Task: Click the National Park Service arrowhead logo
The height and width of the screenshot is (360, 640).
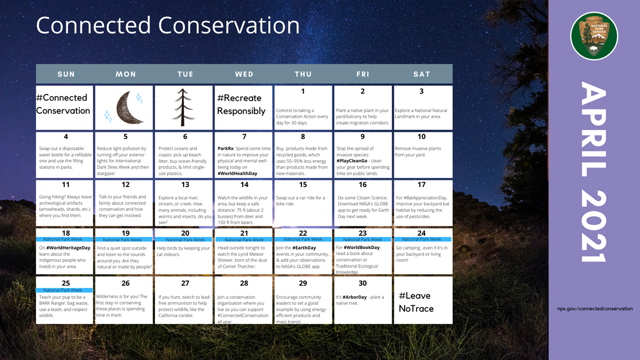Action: [x=594, y=36]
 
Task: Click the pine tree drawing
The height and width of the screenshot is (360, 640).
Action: [x=183, y=107]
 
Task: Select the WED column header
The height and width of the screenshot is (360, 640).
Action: [x=244, y=74]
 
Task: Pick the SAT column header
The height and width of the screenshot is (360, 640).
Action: [x=421, y=74]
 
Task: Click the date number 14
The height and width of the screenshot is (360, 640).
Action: [x=244, y=185]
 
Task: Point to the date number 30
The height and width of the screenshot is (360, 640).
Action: [x=362, y=283]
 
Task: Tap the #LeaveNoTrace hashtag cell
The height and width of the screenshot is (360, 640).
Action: [x=416, y=302]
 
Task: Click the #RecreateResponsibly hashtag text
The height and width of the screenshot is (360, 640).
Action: [x=241, y=104]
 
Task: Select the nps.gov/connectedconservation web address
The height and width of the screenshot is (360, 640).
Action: [x=595, y=309]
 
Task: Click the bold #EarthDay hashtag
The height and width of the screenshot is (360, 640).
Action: [x=304, y=248]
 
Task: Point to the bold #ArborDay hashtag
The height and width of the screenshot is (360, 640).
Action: [x=354, y=297]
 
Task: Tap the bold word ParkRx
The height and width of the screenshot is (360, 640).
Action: [x=225, y=148]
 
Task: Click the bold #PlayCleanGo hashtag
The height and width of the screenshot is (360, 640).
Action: [x=352, y=161]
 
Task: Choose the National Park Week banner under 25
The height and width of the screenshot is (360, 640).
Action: [x=64, y=290]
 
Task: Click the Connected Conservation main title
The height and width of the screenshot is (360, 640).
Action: [x=167, y=26]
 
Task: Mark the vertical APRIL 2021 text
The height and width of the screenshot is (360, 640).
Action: [x=594, y=172]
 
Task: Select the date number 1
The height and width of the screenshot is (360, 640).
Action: [x=303, y=91]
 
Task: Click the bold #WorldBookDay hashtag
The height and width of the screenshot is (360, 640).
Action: [x=361, y=248]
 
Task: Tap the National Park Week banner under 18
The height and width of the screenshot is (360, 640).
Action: [x=64, y=239]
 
